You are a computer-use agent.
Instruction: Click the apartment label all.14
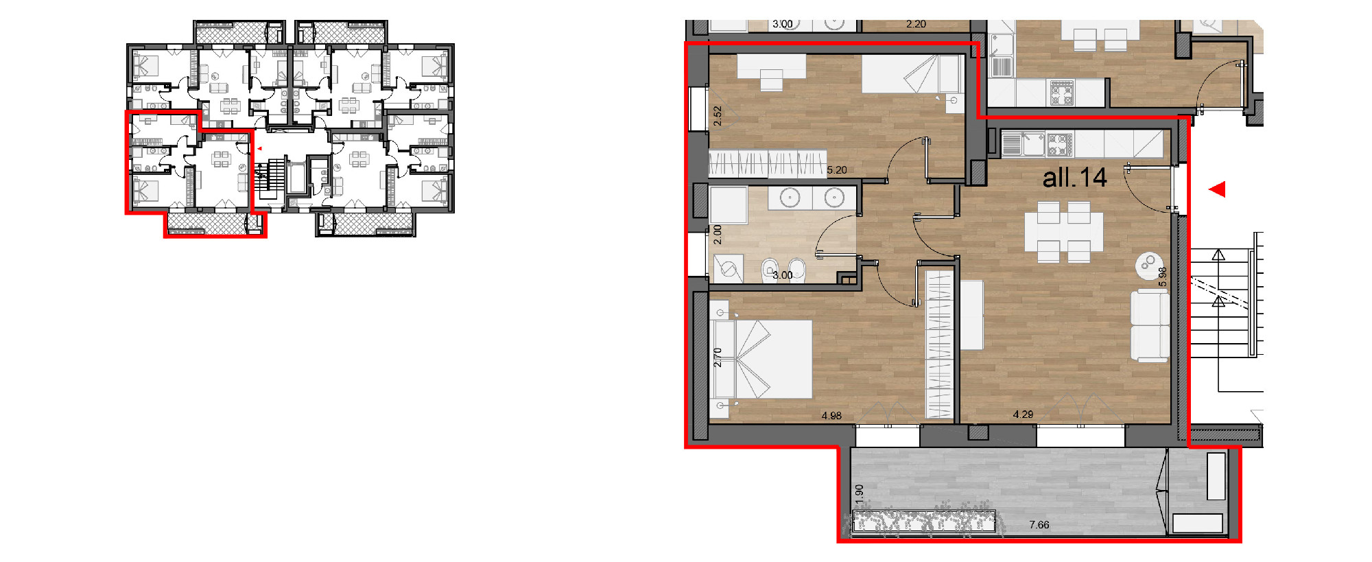1074,178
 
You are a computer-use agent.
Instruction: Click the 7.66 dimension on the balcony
1039,525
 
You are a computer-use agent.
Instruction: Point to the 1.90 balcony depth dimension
860,491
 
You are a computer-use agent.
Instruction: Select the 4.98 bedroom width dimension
831,416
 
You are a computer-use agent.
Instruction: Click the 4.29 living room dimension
1023,414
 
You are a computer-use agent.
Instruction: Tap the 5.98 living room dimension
1162,277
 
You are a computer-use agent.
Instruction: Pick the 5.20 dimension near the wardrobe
837,170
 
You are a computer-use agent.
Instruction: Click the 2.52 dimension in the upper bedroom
718,115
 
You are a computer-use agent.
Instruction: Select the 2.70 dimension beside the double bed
718,358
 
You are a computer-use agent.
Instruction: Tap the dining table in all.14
1064,232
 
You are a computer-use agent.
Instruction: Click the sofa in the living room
1150,325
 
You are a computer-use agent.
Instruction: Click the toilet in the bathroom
770,270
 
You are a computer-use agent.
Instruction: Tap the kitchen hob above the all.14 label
1060,145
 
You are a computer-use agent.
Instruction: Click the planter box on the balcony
923,522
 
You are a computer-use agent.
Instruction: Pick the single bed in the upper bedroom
910,74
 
